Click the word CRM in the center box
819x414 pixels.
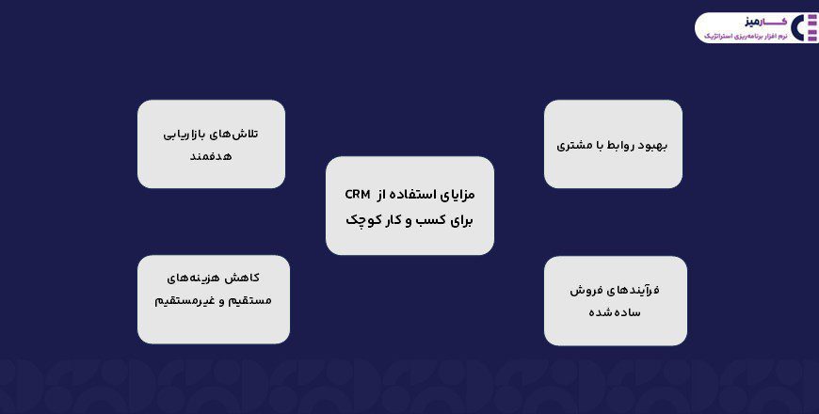[x=358, y=195]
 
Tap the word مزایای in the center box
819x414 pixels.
[x=458, y=195]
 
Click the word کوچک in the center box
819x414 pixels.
[x=360, y=220]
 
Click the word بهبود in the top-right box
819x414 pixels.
[x=649, y=146]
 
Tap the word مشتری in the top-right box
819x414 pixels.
[x=574, y=146]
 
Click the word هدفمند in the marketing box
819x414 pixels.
[x=211, y=156]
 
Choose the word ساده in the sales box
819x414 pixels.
[x=627, y=312]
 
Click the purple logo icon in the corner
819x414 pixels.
[x=805, y=27]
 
